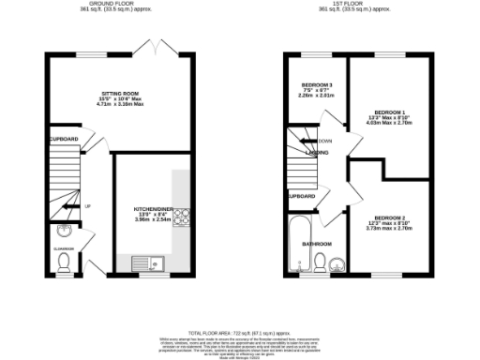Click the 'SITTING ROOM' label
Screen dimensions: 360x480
point(120,94)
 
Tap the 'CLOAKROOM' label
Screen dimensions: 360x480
point(63,248)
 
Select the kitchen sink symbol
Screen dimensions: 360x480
point(147,263)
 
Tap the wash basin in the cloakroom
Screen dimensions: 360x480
point(62,232)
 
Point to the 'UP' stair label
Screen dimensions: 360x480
point(87,206)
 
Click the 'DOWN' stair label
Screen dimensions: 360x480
point(325,141)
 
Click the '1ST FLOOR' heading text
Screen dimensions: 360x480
point(354,4)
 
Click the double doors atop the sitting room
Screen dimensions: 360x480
point(148,47)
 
